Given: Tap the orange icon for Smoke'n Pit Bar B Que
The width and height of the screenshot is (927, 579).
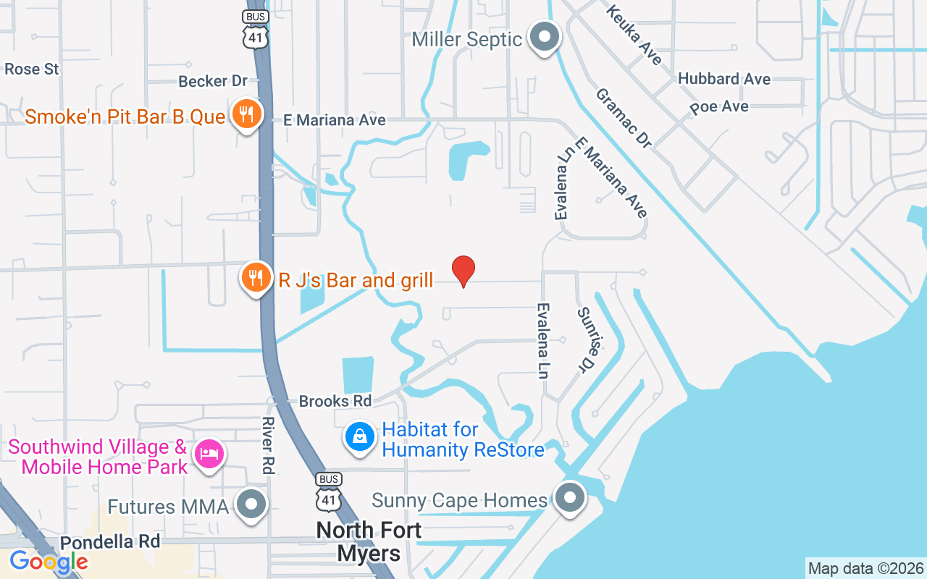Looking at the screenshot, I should pyautogui.click(x=246, y=115).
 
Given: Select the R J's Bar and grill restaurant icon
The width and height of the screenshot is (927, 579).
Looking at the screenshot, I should pyautogui.click(x=255, y=278).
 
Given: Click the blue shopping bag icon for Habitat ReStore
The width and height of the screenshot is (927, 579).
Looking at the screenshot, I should pyautogui.click(x=359, y=438).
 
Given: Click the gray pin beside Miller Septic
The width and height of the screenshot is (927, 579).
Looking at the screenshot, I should pyautogui.click(x=545, y=37).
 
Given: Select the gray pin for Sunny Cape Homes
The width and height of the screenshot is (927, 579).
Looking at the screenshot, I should pyautogui.click(x=570, y=498).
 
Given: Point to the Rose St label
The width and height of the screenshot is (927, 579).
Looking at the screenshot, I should pyautogui.click(x=32, y=69).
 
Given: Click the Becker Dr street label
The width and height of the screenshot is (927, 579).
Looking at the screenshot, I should pyautogui.click(x=213, y=81).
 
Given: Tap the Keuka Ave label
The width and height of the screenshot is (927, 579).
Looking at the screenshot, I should pyautogui.click(x=634, y=35).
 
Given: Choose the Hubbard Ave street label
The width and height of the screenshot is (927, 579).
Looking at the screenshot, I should pyautogui.click(x=724, y=79).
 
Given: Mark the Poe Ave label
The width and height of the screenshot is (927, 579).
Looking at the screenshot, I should pyautogui.click(x=719, y=107).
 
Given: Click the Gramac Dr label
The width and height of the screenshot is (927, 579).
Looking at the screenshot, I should pyautogui.click(x=624, y=118).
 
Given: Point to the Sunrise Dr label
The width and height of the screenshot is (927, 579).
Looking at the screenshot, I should pyautogui.click(x=591, y=339).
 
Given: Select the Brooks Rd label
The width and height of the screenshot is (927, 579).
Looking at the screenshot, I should pyautogui.click(x=335, y=401).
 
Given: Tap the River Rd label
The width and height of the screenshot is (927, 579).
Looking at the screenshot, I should pyautogui.click(x=267, y=445).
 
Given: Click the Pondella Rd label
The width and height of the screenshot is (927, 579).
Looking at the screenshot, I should pyautogui.click(x=109, y=542).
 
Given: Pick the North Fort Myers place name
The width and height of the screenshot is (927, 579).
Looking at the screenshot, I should pyautogui.click(x=369, y=541).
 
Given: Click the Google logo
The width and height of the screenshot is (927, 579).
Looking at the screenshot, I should pyautogui.click(x=49, y=562).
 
